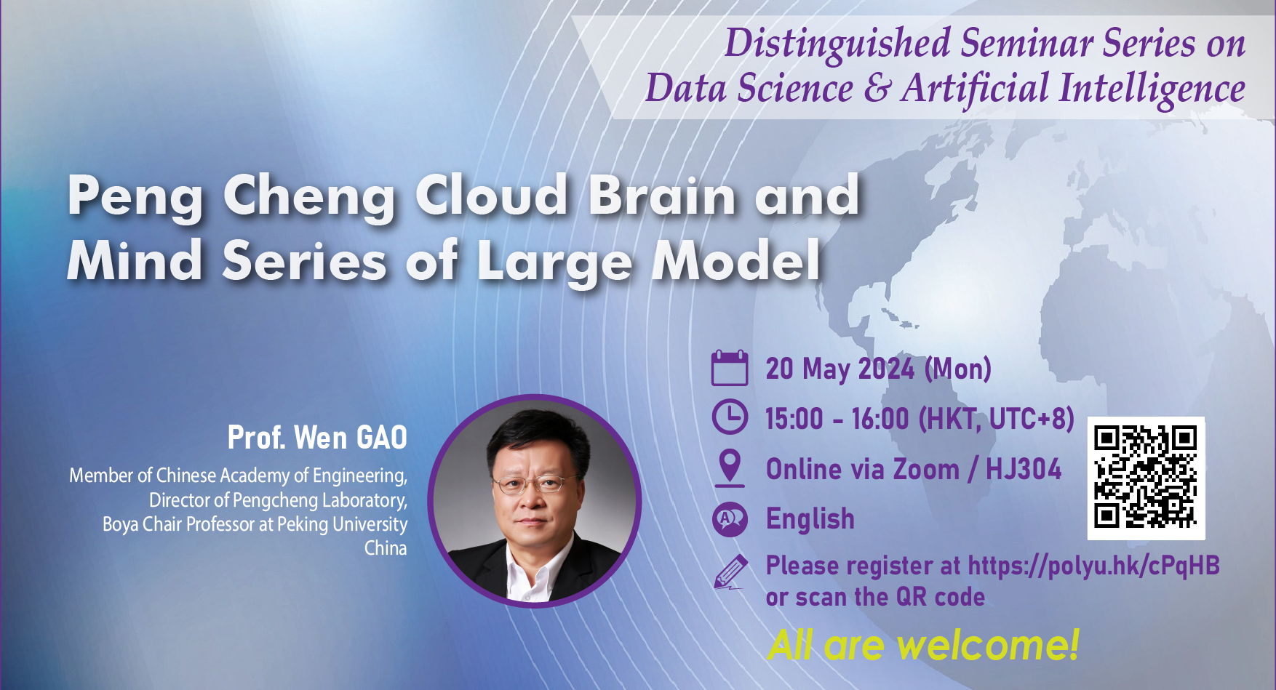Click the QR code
tap(1146, 478)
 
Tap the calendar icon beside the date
tap(729, 368)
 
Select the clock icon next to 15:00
tap(729, 417)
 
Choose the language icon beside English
tap(729, 519)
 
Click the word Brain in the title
tap(662, 196)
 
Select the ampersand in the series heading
tap(877, 89)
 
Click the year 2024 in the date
tap(886, 369)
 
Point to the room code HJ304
tap(1023, 470)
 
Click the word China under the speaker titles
tap(386, 548)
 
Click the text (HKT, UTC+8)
tap(996, 419)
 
